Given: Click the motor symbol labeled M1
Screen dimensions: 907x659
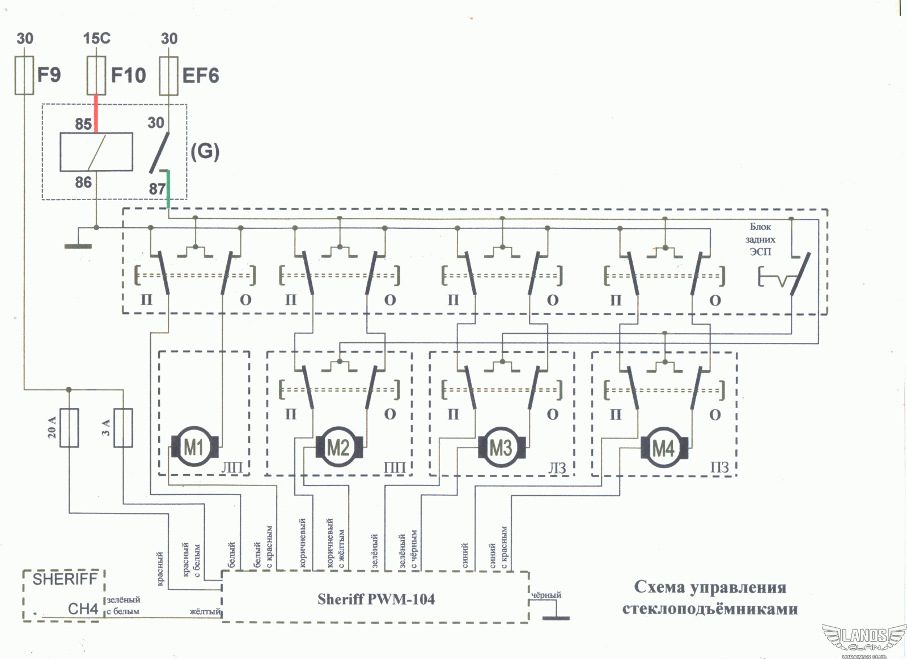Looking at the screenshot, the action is click(x=195, y=447).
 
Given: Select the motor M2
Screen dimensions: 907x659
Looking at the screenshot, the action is click(x=339, y=447).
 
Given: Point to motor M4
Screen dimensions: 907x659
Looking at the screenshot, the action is click(x=664, y=448).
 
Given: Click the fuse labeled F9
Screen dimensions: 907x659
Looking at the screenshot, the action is click(x=24, y=76).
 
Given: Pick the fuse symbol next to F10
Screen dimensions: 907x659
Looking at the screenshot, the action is click(x=96, y=76).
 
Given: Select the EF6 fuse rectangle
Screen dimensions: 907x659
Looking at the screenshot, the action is click(x=168, y=76).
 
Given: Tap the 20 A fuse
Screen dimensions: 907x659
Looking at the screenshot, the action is click(x=69, y=427).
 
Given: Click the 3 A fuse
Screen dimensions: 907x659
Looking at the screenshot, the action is click(x=123, y=427).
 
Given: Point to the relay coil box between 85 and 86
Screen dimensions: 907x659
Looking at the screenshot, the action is click(x=96, y=152).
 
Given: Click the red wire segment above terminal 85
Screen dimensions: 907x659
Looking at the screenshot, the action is click(x=96, y=114).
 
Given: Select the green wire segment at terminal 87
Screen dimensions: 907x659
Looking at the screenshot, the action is click(x=168, y=189).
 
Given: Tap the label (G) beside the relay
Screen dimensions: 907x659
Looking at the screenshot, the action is click(x=205, y=152).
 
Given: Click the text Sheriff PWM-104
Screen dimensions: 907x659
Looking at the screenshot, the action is click(x=376, y=599).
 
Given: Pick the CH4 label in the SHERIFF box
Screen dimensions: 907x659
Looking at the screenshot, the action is click(x=83, y=609).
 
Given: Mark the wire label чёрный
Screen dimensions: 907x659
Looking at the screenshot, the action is click(x=546, y=595).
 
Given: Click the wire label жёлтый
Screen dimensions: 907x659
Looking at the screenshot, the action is click(x=205, y=611).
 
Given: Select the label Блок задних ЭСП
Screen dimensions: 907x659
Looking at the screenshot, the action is click(x=760, y=239).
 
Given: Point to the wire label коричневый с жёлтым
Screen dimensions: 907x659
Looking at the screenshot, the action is click(x=335, y=543).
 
